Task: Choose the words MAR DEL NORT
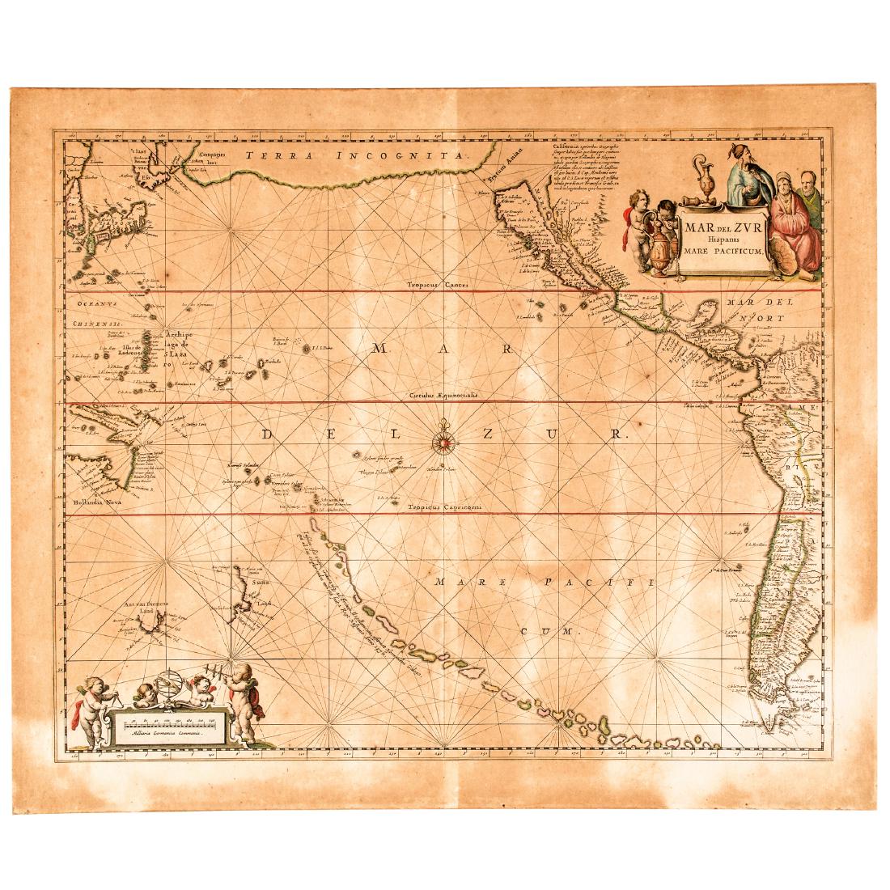[766, 310]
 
